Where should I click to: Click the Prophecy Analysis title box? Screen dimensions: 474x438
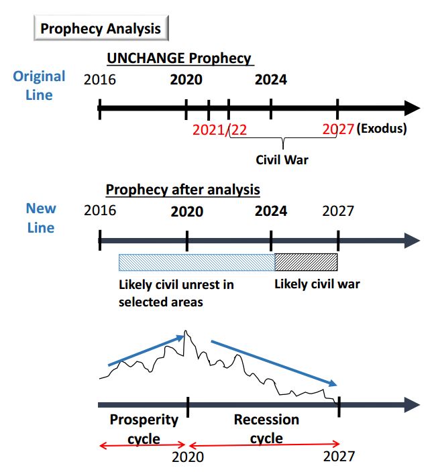101,29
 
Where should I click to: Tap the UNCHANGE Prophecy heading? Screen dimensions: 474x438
179,58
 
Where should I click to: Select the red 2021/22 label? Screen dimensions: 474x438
219,129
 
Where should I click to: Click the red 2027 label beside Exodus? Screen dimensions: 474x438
337,129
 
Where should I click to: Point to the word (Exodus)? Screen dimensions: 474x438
382,129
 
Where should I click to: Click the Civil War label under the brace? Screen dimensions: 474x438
282,160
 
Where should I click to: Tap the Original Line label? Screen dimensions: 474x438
39,85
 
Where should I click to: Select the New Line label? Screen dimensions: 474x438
41,218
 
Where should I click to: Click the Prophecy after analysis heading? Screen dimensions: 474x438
182,190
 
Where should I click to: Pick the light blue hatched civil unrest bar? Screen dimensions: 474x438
196,262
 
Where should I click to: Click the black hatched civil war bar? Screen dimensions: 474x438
306,262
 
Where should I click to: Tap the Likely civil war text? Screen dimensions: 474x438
317,284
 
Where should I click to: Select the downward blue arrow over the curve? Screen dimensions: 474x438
274,363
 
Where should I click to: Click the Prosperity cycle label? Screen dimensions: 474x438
144,429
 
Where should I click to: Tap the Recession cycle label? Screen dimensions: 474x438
266,429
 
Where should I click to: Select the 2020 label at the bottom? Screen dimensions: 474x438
187,457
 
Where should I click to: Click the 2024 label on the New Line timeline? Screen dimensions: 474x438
271,211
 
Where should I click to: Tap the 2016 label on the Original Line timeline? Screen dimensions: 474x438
100,80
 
